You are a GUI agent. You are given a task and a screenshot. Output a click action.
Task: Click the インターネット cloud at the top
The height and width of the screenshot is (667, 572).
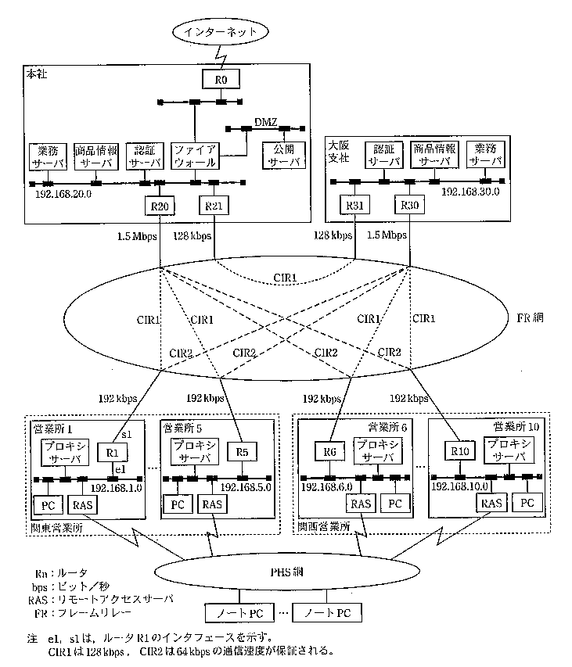point(219,32)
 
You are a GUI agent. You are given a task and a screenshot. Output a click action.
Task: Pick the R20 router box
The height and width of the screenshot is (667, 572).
point(157,206)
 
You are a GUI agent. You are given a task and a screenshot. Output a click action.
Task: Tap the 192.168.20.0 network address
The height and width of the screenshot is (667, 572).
point(64,194)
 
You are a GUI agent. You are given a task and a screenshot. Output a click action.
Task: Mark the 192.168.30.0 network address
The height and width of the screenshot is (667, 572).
point(470,192)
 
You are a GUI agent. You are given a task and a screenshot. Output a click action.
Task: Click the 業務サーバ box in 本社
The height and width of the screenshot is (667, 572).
point(49,156)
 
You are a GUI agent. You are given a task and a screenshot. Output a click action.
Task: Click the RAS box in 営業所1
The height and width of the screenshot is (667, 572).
point(81,504)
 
